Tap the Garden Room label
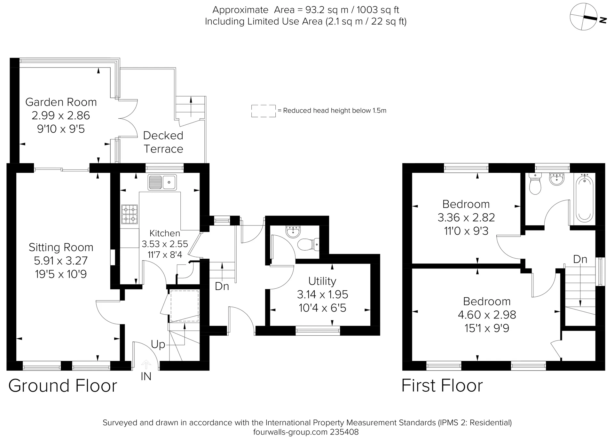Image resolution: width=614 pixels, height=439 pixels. click(x=61, y=102)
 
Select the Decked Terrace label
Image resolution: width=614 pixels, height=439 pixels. click(x=163, y=142)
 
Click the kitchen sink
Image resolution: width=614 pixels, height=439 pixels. click(x=162, y=182)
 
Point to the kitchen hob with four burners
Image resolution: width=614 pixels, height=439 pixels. click(x=130, y=214)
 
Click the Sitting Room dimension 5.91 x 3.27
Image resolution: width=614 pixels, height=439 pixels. click(x=61, y=261)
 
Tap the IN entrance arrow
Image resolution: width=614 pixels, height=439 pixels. click(x=146, y=365)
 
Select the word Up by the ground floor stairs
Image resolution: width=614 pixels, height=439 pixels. click(x=158, y=344)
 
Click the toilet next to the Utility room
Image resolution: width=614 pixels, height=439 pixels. click(x=308, y=245)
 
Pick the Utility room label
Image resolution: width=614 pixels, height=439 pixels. click(x=322, y=281)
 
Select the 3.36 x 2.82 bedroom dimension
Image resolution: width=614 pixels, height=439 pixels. click(x=466, y=217)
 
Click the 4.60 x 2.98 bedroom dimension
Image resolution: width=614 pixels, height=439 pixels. click(x=487, y=315)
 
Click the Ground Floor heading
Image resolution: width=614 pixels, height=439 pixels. click(x=63, y=386)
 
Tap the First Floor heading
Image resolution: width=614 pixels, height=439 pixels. click(x=442, y=386)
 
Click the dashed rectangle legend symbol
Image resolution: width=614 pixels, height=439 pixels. click(x=264, y=111)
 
